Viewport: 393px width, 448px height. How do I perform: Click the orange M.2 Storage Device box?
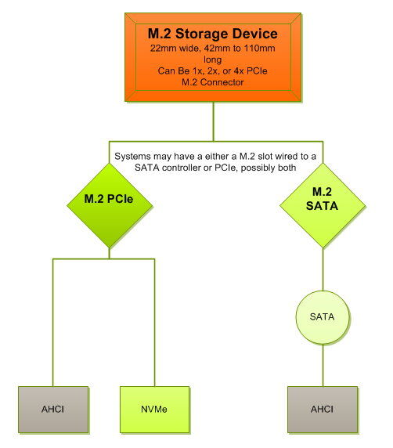213,57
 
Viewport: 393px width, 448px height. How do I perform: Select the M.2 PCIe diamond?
110,205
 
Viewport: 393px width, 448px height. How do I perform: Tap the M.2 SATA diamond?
323,205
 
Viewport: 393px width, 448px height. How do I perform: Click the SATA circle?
323,317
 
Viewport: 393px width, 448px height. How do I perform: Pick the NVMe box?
154,410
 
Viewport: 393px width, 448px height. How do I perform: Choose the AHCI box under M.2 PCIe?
53,410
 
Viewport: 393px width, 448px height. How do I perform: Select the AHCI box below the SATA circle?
323,410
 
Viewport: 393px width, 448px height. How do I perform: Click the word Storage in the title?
197,34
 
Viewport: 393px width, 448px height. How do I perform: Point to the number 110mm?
259,48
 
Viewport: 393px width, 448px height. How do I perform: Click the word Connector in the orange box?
222,82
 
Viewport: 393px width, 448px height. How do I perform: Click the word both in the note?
287,168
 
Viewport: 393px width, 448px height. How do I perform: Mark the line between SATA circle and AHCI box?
323,365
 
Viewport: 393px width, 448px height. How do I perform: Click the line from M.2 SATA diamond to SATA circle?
323,269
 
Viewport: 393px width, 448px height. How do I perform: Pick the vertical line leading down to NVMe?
154,323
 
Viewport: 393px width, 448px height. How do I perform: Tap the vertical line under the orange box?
214,121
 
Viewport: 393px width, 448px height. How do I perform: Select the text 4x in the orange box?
239,70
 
